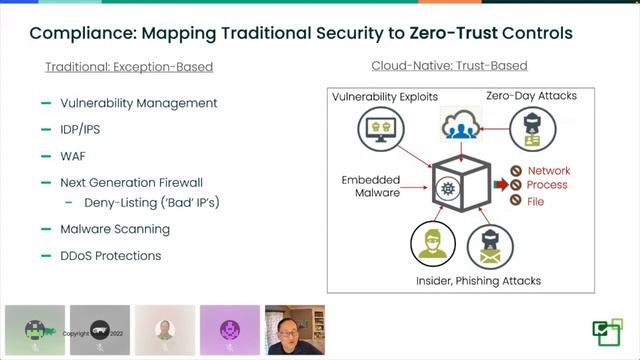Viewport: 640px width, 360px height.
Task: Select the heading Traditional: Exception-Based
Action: (129, 67)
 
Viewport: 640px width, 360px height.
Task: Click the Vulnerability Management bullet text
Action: (138, 103)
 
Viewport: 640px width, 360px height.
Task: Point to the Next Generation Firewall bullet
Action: (131, 183)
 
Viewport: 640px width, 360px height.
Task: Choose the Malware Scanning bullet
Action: (115, 229)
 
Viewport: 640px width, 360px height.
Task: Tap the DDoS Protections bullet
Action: (110, 255)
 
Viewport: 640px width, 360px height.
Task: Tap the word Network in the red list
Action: (548, 171)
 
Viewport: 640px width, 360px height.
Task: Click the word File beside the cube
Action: (536, 201)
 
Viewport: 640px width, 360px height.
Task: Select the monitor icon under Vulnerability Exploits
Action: (379, 128)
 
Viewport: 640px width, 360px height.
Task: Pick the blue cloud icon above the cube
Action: (460, 126)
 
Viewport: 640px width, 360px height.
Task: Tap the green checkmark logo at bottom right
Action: (606, 330)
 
